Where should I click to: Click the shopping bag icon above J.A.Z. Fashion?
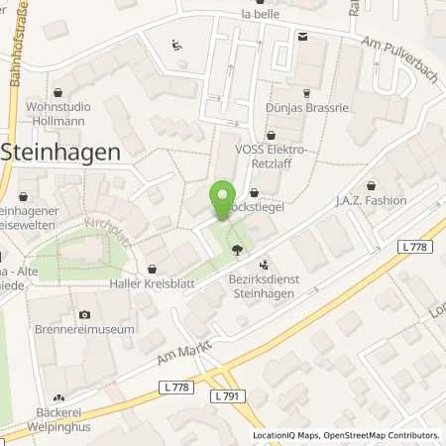coord(371,185)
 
